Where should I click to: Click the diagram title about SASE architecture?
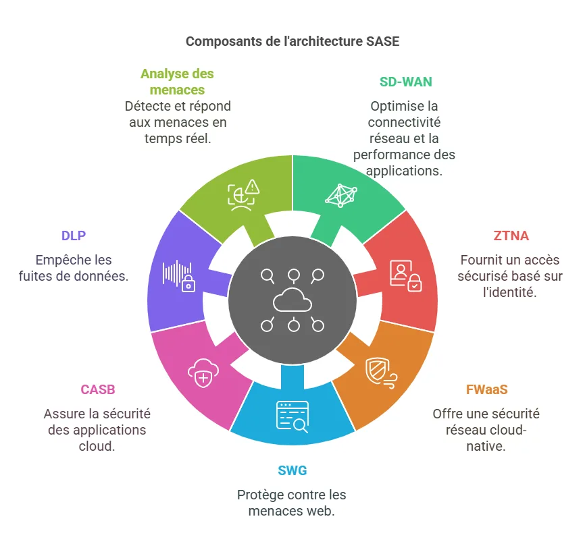292,42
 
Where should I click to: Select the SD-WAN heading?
405,82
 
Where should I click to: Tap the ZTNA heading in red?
511,236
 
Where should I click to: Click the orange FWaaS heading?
486,389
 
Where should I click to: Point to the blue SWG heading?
292,470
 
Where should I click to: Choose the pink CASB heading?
98,389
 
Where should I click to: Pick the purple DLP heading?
74,236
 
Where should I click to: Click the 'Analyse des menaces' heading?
178,82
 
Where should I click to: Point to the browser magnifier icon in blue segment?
292,416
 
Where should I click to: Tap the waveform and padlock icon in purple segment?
179,275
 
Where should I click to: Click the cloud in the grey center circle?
292,301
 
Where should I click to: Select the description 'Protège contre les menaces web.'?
292,503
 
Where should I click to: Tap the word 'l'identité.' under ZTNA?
511,292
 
